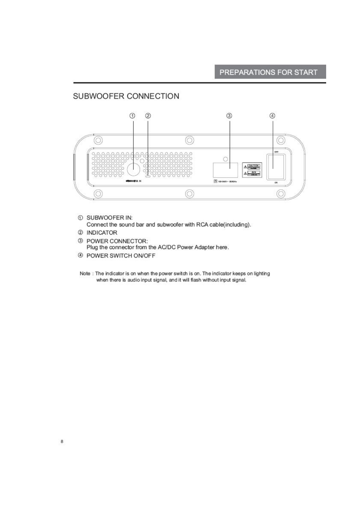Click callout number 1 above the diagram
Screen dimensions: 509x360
pyautogui.click(x=132, y=116)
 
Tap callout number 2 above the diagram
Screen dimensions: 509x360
pyautogui.click(x=148, y=116)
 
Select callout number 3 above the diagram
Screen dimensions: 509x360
pyautogui.click(x=229, y=116)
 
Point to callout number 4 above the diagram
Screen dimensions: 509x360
pyautogui.click(x=272, y=116)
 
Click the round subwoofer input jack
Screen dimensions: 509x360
pyautogui.click(x=133, y=169)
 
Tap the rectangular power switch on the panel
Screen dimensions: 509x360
pyautogui.click(x=275, y=167)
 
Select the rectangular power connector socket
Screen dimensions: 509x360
pyautogui.click(x=225, y=170)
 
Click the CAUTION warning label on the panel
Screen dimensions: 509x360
pyautogui.click(x=252, y=167)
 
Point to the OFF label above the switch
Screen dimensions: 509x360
pyautogui.click(x=276, y=151)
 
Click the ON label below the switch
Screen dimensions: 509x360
pyautogui.click(x=276, y=183)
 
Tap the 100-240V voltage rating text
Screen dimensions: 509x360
pyautogui.click(x=225, y=181)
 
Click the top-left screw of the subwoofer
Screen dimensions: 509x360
pyautogui.click(x=98, y=140)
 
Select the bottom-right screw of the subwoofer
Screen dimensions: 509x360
pyautogui.click(x=281, y=193)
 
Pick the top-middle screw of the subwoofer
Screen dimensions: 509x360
pyautogui.click(x=190, y=140)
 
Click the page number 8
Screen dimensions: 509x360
pyautogui.click(x=62, y=442)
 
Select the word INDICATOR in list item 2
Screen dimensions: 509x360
pyautogui.click(x=102, y=233)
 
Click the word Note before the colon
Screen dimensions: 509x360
pyautogui.click(x=85, y=274)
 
